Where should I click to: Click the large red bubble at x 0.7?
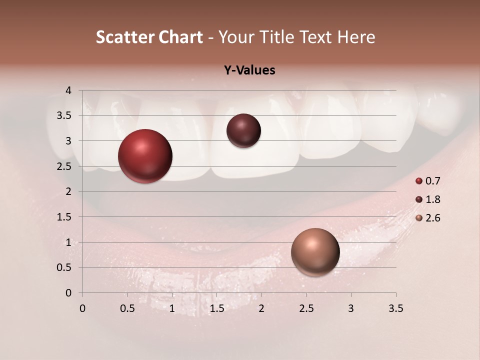coord(145,156)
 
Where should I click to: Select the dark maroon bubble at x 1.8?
coord(243,131)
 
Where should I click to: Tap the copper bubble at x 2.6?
coord(315,252)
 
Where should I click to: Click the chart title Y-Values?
coord(249,70)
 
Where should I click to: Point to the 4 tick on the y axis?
coord(68,90)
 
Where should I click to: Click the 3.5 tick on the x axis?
coord(396,308)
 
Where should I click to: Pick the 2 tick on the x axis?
coord(261,308)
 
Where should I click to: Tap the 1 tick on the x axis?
coord(172,308)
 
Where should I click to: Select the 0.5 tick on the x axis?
coord(127,308)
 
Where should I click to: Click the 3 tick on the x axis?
coord(351,308)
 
